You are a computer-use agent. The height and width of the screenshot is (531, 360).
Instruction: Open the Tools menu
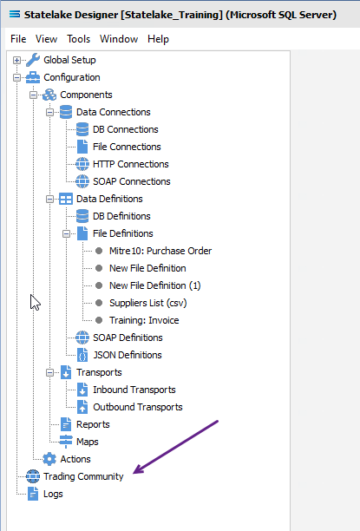79,39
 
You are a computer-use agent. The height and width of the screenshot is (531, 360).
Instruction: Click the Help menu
158,39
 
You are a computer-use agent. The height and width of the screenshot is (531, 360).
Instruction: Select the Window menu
119,39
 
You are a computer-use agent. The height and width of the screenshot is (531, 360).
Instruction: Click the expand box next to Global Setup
16,60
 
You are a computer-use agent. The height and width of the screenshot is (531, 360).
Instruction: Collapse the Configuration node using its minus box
16,77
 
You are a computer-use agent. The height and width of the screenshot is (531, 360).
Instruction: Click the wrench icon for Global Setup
33,60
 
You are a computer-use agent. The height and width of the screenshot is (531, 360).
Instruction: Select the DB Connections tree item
125,129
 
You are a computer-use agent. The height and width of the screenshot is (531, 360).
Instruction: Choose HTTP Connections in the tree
131,164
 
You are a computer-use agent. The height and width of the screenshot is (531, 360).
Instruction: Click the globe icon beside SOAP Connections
82,181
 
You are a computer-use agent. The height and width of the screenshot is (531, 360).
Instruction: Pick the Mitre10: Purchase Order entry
160,251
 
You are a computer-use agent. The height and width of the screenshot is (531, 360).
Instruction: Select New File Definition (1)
155,285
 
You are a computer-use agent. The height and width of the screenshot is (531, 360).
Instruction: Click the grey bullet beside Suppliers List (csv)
99,303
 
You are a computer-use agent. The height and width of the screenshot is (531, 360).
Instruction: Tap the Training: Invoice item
144,320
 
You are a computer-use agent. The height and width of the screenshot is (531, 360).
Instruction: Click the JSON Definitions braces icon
82,355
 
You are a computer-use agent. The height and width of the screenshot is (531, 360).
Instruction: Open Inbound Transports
134,390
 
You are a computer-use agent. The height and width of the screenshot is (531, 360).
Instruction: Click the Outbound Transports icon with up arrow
82,407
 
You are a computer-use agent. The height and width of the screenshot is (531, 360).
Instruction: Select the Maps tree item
88,442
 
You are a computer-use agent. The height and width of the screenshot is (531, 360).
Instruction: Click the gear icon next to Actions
49,459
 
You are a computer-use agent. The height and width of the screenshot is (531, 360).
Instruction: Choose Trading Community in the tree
83,476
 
